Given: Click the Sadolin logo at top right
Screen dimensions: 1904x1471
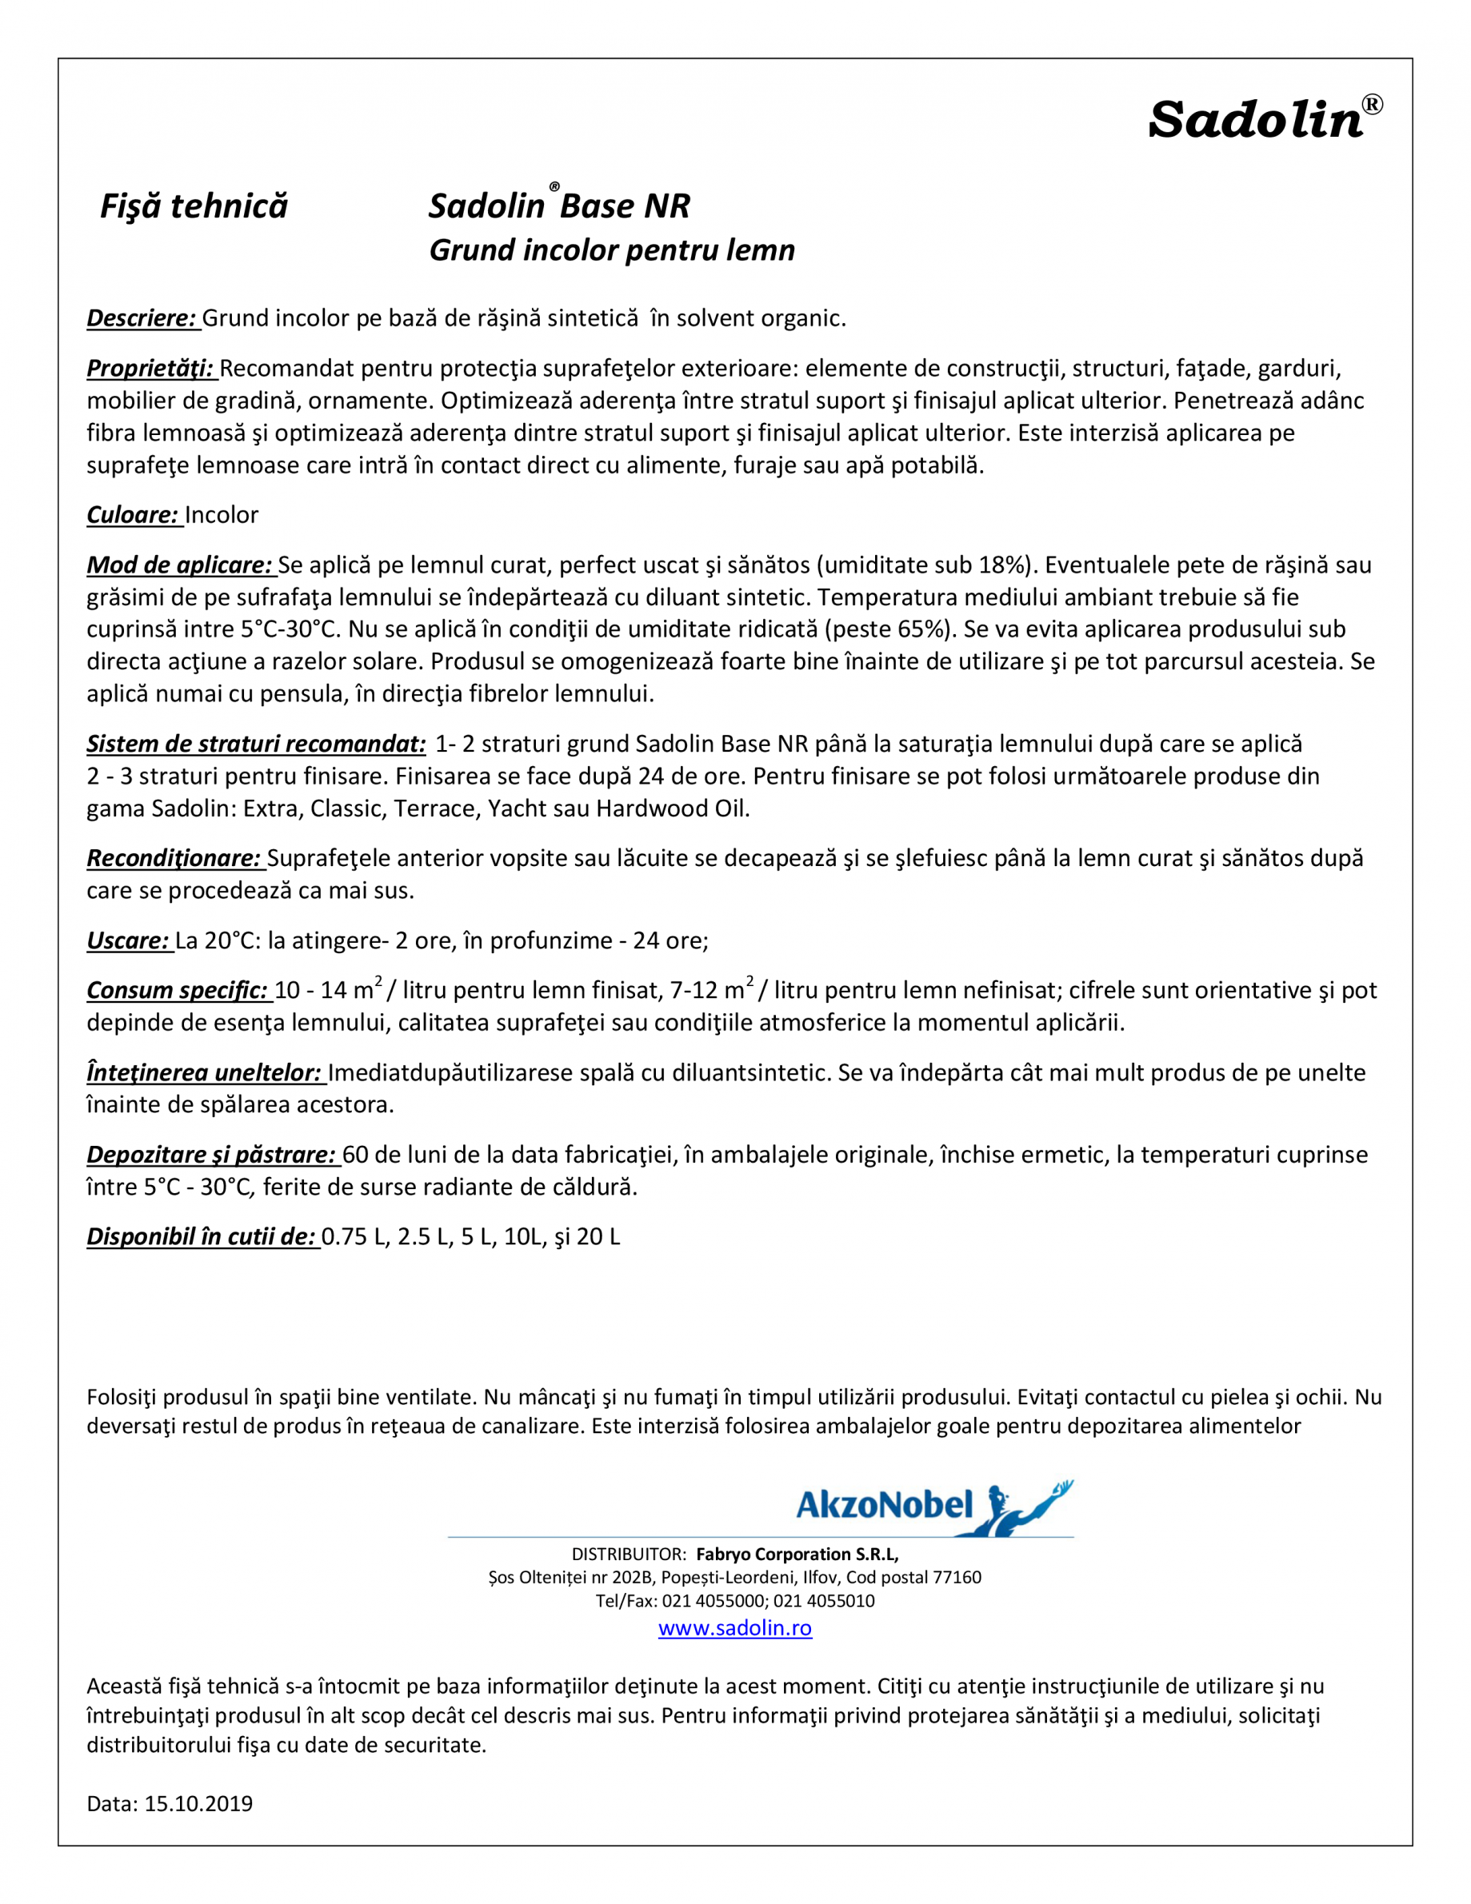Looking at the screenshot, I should pos(1264,119).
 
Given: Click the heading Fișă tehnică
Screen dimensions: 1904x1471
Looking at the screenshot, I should pos(194,206).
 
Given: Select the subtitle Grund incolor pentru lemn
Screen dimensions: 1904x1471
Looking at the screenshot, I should pos(611,250).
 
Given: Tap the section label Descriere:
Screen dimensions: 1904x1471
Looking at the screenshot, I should pos(142,318).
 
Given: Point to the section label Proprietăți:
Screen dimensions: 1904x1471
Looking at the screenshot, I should pos(151,369).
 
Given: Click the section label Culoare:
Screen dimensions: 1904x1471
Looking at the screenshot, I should pos(134,515).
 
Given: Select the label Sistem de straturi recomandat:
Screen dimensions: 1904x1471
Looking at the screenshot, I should pos(256,744).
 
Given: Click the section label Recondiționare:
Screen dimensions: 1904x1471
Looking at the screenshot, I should pos(174,858).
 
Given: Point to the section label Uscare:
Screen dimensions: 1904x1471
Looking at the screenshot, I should pos(128,940).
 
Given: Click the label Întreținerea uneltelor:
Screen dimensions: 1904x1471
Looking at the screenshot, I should pos(204,1072).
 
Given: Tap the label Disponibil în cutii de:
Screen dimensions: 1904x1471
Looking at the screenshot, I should pos(202,1236).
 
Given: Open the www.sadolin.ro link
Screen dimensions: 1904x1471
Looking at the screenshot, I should pos(735,1627).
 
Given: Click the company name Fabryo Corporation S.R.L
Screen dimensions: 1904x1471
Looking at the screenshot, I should pos(796,1554).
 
